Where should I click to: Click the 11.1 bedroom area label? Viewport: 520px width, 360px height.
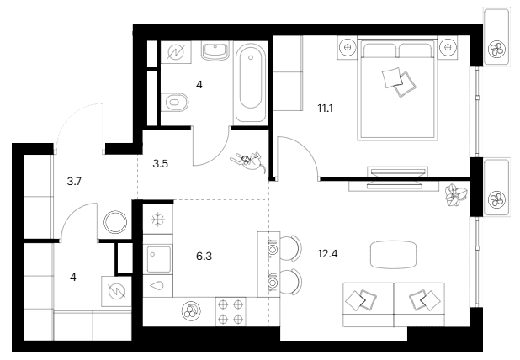point(325,109)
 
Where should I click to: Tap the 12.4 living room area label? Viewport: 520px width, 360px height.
point(327,254)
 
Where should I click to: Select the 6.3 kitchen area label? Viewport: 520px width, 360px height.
point(204,257)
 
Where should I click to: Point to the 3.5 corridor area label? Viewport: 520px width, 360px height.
point(160,164)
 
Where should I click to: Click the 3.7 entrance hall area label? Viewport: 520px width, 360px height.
point(74,182)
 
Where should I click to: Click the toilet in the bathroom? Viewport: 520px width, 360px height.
point(175,101)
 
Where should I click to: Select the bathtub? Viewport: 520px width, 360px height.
point(251,83)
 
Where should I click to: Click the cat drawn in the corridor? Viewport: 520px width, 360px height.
point(248,161)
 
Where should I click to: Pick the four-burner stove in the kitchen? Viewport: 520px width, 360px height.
point(231,311)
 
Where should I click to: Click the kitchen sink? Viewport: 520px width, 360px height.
point(158,260)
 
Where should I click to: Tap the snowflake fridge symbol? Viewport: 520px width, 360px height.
point(158,220)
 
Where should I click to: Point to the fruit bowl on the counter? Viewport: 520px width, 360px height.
point(191,311)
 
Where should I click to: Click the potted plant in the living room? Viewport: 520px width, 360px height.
point(456,195)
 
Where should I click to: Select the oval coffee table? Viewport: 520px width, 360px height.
point(393,255)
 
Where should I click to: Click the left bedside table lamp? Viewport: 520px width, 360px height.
point(348,47)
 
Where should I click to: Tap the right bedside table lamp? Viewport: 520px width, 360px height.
point(448,47)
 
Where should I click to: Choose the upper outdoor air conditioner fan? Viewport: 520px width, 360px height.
point(496,50)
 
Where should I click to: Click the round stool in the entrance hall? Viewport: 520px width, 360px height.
point(115,222)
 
